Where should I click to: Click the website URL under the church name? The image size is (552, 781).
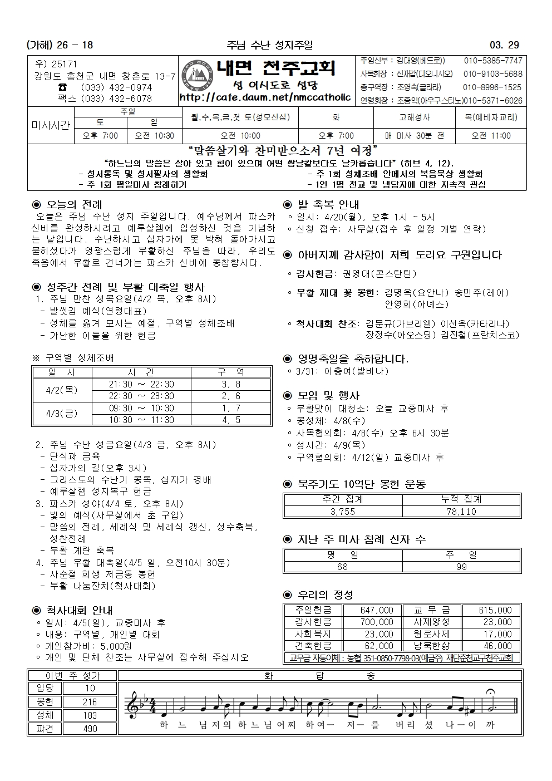(x=265, y=97)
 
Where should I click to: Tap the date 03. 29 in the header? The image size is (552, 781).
(x=504, y=45)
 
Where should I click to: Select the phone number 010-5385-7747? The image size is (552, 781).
(x=493, y=61)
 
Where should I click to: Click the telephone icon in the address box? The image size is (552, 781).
(x=63, y=87)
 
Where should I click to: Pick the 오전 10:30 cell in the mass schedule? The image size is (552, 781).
(x=152, y=136)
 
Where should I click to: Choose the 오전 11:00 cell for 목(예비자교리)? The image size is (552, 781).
(x=491, y=136)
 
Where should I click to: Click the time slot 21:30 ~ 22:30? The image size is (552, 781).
(x=141, y=385)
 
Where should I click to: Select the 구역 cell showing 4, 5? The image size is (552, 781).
(x=231, y=420)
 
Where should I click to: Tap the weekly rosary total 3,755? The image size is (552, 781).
(x=343, y=512)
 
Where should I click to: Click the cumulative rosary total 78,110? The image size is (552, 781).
(x=461, y=512)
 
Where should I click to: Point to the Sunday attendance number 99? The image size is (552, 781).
(x=461, y=567)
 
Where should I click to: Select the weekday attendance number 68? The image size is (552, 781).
(x=343, y=567)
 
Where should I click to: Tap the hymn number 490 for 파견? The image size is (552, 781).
(x=90, y=729)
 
